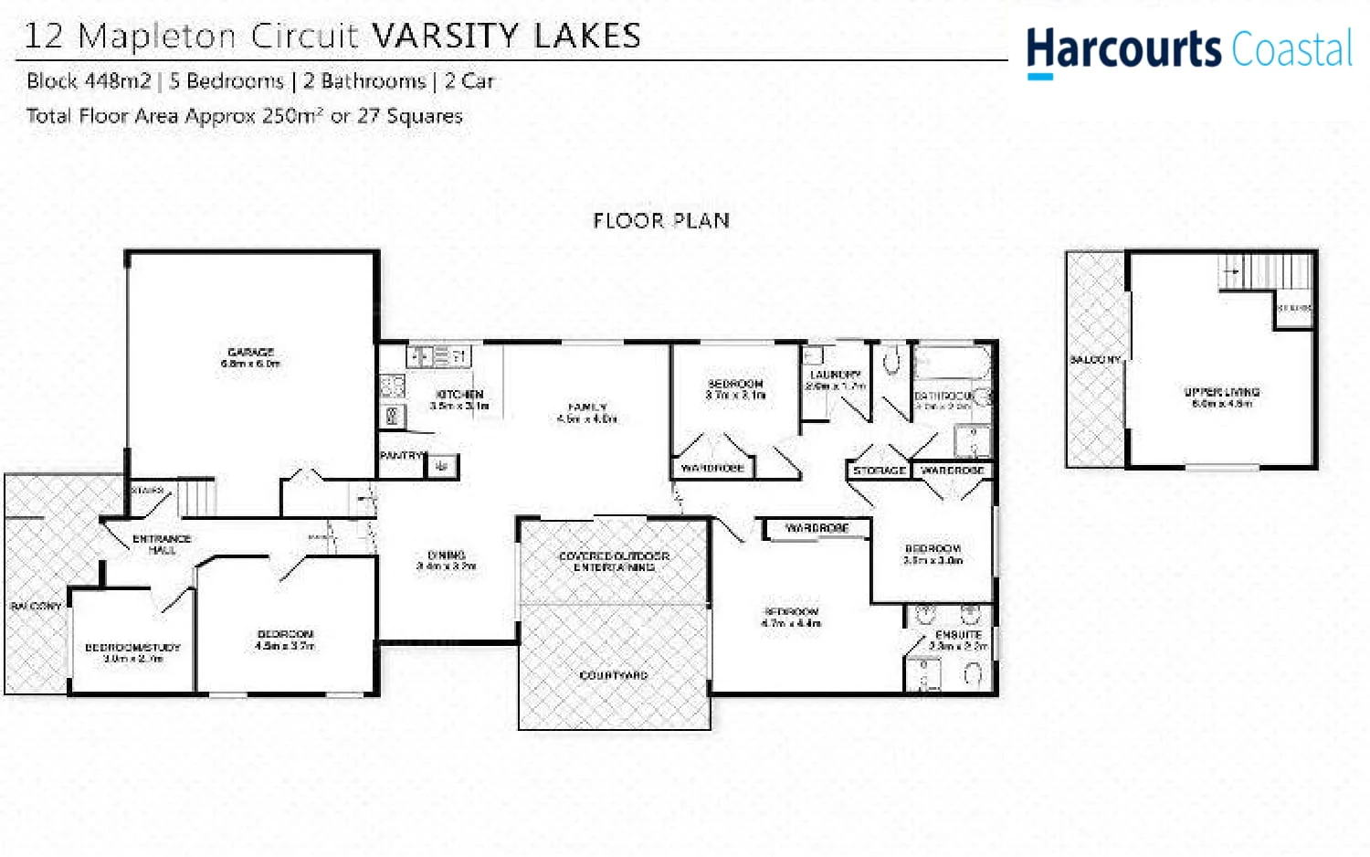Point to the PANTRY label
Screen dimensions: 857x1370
click(x=402, y=455)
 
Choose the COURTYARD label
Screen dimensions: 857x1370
click(x=614, y=675)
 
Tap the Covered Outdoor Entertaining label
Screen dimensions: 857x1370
click(x=614, y=561)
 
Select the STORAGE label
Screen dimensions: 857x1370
click(x=879, y=471)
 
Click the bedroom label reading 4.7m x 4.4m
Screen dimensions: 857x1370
click(x=791, y=617)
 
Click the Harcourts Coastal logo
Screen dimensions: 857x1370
click(x=1188, y=49)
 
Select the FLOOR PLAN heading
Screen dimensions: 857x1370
click(x=661, y=220)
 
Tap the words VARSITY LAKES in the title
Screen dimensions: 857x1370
click(x=507, y=36)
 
